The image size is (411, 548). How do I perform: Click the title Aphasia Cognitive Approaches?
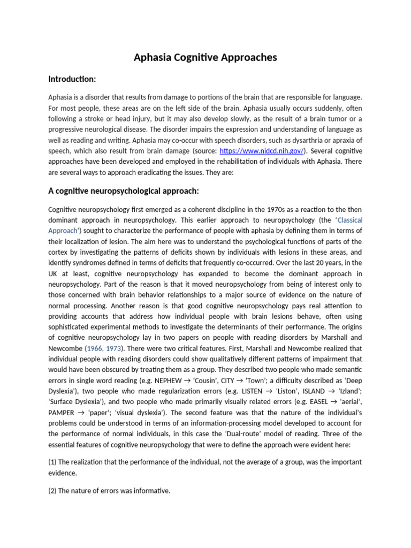click(x=205, y=57)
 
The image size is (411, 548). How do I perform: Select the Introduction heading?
click(x=72, y=79)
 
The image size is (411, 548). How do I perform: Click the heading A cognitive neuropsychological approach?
click(x=124, y=191)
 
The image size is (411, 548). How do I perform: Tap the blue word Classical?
click(x=345, y=220)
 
